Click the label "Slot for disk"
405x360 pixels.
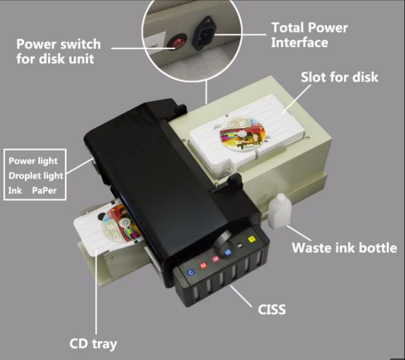pyautogui.click(x=339, y=77)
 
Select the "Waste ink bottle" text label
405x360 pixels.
pyautogui.click(x=344, y=247)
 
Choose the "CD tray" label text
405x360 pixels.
pyautogui.click(x=93, y=343)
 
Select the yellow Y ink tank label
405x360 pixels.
pyautogui.click(x=251, y=240)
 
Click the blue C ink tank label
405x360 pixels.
pyautogui.click(x=191, y=272)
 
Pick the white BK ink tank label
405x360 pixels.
pyautogui.click(x=239, y=246)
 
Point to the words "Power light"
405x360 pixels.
pyautogui.click(x=33, y=161)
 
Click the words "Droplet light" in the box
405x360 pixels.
pyautogui.click(x=35, y=175)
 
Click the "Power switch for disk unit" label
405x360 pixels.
pyautogui.click(x=58, y=51)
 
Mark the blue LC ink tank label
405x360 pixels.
pyautogui.click(x=228, y=252)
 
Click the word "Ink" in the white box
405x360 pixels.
pyautogui.click(x=15, y=190)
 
